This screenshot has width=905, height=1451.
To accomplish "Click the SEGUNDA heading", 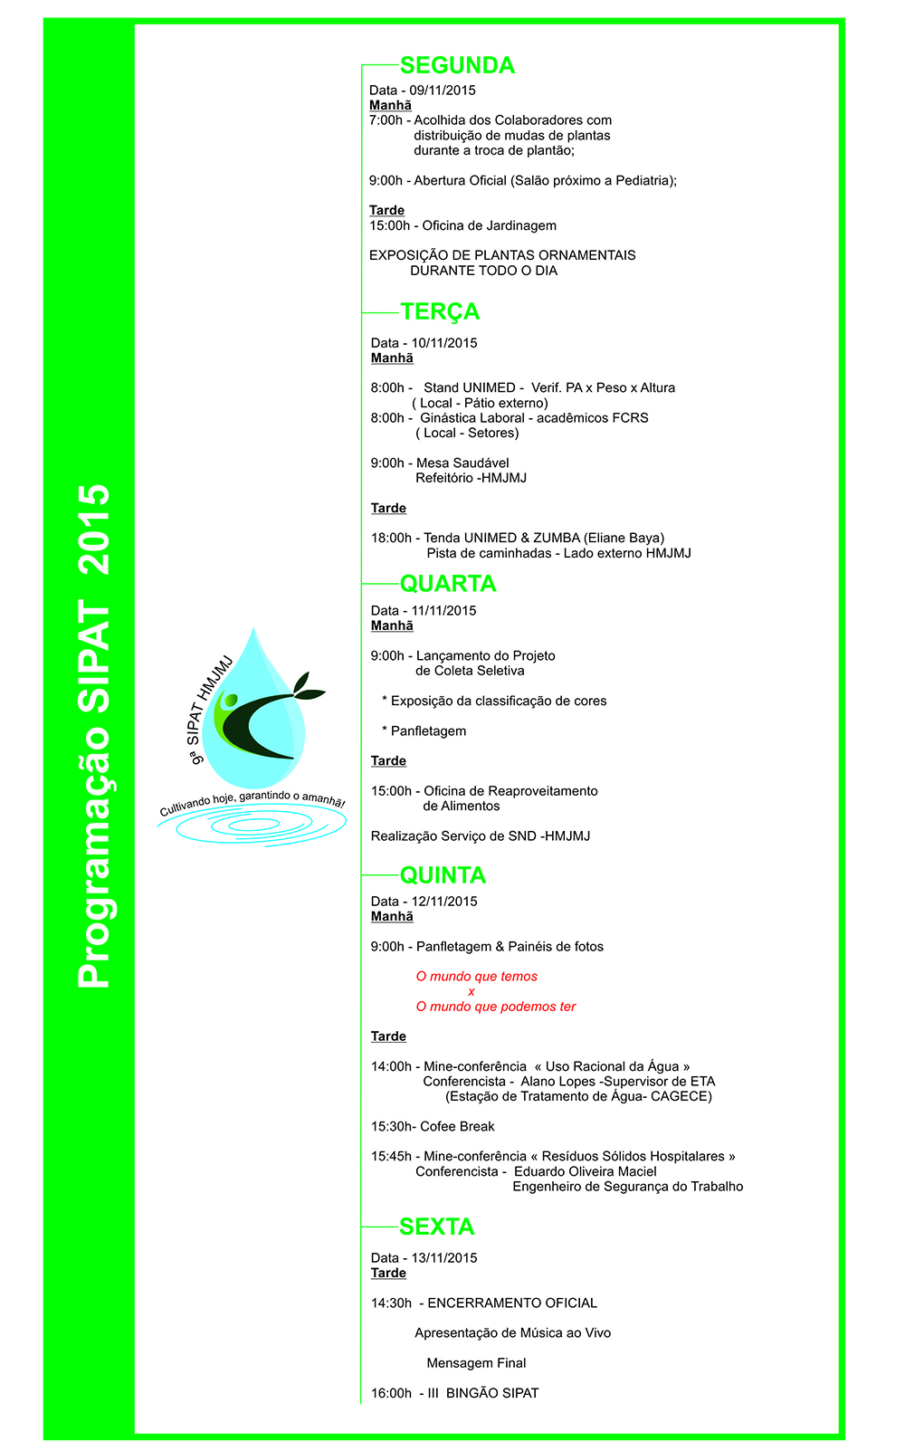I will [x=457, y=65].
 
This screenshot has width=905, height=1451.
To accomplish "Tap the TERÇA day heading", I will [x=440, y=311].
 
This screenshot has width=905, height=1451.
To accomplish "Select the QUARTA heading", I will [x=448, y=584].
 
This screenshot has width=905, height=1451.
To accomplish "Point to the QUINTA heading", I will [x=443, y=875].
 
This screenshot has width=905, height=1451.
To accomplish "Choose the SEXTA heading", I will [x=436, y=1227].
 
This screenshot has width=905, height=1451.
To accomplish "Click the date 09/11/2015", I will [x=443, y=91].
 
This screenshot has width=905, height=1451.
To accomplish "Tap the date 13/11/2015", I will [x=444, y=1258].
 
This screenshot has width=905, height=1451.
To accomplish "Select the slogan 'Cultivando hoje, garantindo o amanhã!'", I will [x=252, y=802].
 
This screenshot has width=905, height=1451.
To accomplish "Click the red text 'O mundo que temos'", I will [x=477, y=977].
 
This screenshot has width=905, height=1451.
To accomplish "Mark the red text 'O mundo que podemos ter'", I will [x=496, y=1007].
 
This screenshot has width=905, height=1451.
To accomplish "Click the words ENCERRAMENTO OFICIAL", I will [x=512, y=1303].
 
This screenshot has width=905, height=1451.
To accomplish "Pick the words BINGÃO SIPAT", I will [x=492, y=1393].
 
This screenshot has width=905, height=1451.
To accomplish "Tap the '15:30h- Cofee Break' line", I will [x=433, y=1127].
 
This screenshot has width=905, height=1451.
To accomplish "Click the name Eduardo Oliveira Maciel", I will [x=586, y=1171].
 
